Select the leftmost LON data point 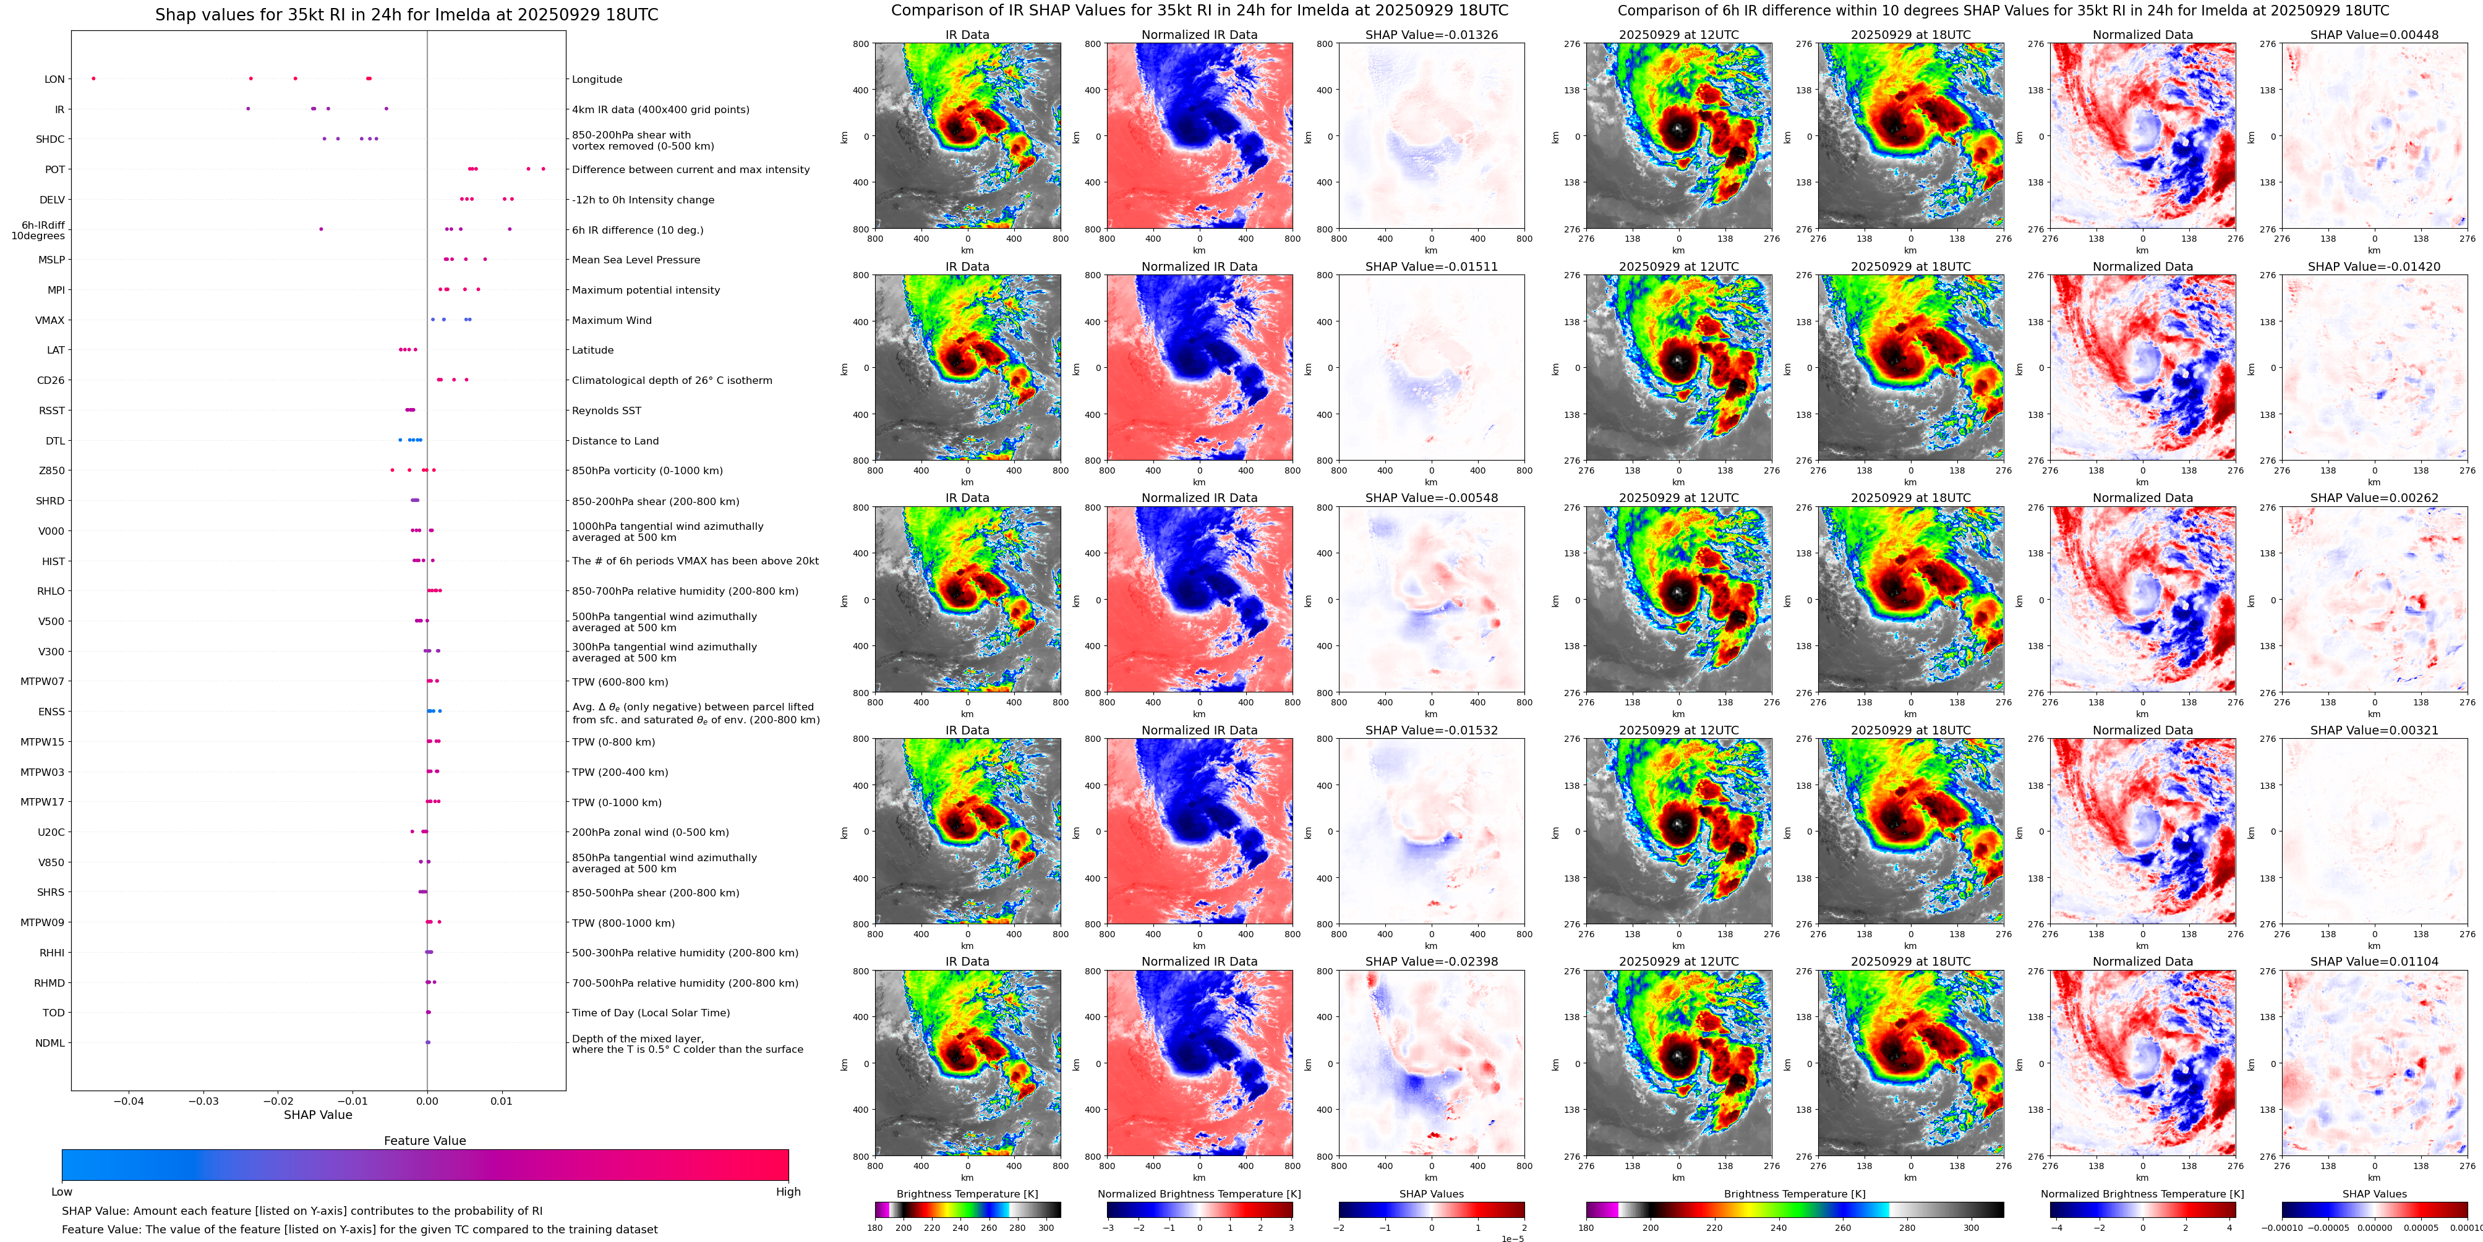coord(93,78)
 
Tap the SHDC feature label coord(50,140)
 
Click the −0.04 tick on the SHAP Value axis coord(129,1100)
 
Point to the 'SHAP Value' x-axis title coord(318,1115)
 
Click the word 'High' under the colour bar coord(788,1192)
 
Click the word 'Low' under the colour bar coord(62,1192)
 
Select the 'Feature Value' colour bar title coord(425,1141)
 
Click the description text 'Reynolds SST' coord(606,410)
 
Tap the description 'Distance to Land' coord(615,441)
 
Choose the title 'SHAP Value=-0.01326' coord(1432,35)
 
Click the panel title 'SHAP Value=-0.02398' coord(1432,961)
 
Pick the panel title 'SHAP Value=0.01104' coord(2374,961)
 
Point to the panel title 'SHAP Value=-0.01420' coord(2374,267)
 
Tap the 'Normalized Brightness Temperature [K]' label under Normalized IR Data coord(1199,1194)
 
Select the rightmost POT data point coord(543,169)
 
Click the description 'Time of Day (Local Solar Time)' coord(651,1013)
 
